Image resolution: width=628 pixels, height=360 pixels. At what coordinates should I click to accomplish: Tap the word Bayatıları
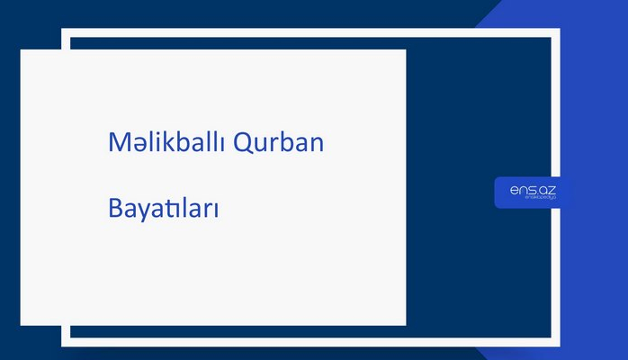pyautogui.click(x=164, y=210)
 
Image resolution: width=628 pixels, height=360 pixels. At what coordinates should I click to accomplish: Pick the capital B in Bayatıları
pyautogui.click(x=114, y=210)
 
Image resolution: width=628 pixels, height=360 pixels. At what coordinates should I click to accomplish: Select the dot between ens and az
pyautogui.click(x=536, y=193)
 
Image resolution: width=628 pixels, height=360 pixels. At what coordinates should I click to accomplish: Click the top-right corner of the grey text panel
pyautogui.click(x=405, y=50)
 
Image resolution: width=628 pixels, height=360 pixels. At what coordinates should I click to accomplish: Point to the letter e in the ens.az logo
pyautogui.click(x=513, y=189)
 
